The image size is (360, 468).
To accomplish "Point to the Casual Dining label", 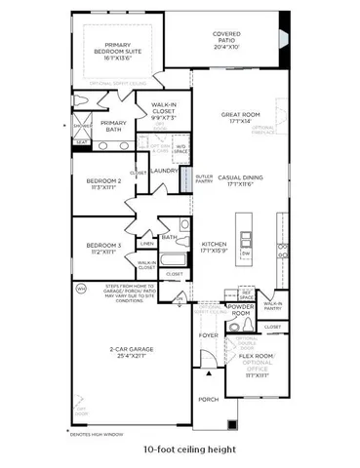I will tap(241, 177).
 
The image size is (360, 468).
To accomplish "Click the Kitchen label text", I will tap(215, 244).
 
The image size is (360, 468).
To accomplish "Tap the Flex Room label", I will tap(258, 357).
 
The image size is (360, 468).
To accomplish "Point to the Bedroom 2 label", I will tap(102, 181).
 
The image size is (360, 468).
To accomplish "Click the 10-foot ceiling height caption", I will tap(180, 449).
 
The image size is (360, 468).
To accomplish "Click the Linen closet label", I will tap(146, 243).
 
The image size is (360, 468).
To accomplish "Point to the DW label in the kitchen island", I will tap(248, 253).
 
